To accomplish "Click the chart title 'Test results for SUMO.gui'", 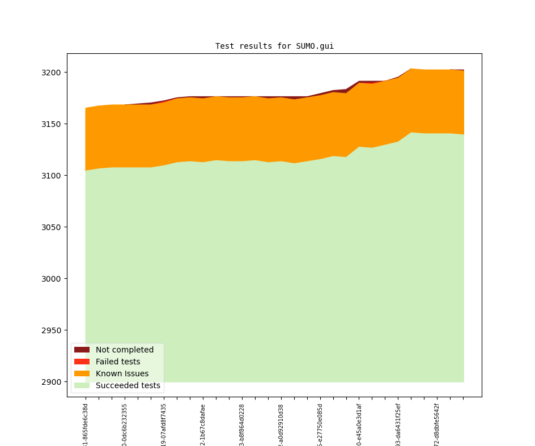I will (274, 46).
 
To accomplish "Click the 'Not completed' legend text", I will (124, 350).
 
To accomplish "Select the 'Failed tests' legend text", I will (118, 362).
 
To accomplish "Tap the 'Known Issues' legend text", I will (122, 373).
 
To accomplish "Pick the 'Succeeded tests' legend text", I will (128, 386).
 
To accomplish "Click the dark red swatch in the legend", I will (82, 350).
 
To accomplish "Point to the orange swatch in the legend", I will (82, 373).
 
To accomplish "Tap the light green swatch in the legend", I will (82, 385).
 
